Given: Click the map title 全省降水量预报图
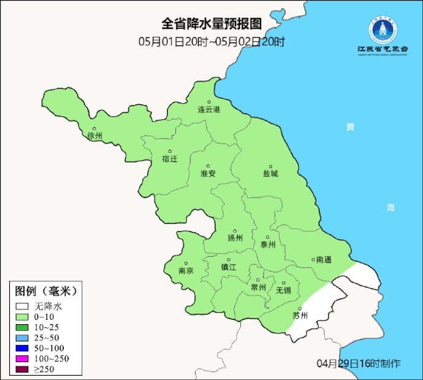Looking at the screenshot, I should point(211,24).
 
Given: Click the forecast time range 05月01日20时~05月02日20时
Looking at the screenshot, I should point(211,42).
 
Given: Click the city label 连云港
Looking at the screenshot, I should point(208,109).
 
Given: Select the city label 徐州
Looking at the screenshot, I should point(95,135).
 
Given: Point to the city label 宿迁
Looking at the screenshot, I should point(169,159).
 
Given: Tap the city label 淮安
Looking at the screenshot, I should point(208,173).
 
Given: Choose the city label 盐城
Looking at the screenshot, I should point(270,174).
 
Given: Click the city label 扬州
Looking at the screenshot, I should point(235,238).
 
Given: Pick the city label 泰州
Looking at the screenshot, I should point(268,244).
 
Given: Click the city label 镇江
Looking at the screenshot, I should point(228,267).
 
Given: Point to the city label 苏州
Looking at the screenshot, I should point(300,316).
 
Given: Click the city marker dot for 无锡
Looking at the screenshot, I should point(283,283).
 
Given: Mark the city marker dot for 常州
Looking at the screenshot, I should point(258,279).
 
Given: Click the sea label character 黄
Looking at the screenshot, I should point(350,127).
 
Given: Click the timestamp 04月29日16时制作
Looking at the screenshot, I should point(359,363).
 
